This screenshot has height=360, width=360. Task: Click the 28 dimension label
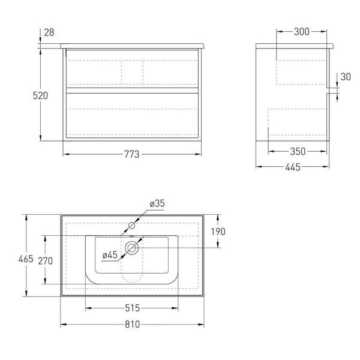(x=49, y=32)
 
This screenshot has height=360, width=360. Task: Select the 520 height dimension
(x=40, y=95)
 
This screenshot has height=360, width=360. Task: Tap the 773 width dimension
(x=132, y=154)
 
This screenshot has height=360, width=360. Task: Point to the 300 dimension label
(x=302, y=32)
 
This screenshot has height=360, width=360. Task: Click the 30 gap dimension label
(x=346, y=77)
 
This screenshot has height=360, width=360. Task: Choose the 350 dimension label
(x=298, y=152)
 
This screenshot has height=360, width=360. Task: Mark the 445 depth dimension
(x=293, y=167)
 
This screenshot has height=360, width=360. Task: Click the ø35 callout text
(x=157, y=203)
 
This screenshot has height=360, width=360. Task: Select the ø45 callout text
(x=110, y=255)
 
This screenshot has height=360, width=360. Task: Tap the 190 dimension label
(x=218, y=232)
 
